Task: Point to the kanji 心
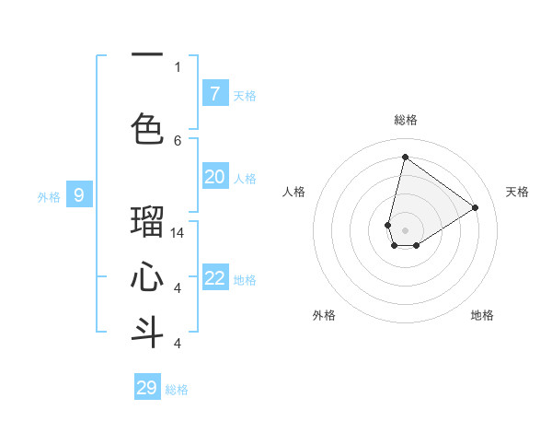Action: tap(147, 277)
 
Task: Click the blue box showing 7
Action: tap(214, 94)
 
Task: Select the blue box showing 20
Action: tap(214, 177)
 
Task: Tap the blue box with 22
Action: tap(214, 278)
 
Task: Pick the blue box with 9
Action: tap(79, 195)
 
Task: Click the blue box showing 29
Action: tap(147, 388)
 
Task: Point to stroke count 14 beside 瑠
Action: tap(178, 233)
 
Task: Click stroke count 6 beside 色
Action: tap(178, 140)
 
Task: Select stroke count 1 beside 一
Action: tap(178, 66)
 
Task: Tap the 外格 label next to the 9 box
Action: tap(48, 196)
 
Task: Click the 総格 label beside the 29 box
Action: tap(177, 390)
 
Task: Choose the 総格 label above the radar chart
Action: tap(405, 120)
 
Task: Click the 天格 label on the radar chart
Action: tap(517, 192)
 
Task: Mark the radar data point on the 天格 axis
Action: tap(475, 208)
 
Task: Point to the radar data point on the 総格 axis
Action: tap(405, 157)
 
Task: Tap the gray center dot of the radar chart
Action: tap(405, 230)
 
